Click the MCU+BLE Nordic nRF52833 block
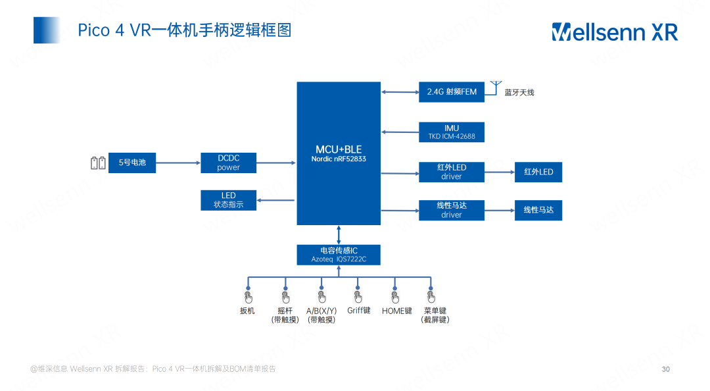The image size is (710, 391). point(339,153)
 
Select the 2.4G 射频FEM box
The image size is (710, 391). point(452,91)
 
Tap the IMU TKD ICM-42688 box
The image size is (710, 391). point(452,132)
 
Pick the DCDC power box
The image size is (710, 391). point(229,163)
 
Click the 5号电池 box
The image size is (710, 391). point(132,163)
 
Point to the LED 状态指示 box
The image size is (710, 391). point(229,200)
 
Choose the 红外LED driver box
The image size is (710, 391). point(452,172)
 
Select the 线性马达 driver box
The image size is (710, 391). point(452,210)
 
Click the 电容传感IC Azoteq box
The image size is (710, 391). point(339,255)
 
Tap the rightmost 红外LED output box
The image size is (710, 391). point(538,172)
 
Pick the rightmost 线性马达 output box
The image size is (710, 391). point(538,210)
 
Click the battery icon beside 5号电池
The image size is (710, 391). point(98,163)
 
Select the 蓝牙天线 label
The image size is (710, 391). point(519,92)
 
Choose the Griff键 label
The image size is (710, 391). point(359,310)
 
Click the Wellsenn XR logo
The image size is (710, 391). point(614,32)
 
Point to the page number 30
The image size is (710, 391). point(665,369)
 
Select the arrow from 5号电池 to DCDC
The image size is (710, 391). point(178,163)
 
